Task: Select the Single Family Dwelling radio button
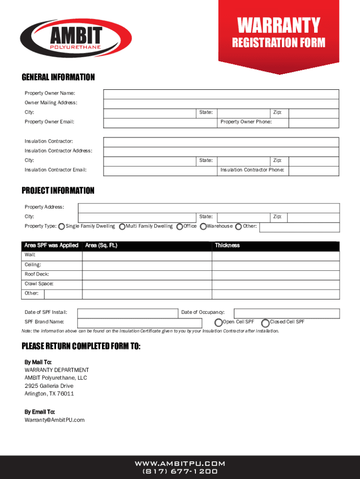pos(62,226)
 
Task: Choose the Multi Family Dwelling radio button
pos(122,226)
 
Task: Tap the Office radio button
pos(180,226)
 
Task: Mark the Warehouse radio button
pos(203,226)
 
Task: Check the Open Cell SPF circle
pos(218,322)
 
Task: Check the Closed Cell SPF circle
pos(266,322)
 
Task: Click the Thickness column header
pos(227,246)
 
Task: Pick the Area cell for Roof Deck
pos(147,275)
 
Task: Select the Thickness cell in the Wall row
pos(276,255)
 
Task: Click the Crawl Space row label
pos(39,284)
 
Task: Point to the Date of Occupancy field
pos(286,313)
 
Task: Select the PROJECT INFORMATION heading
pos(58,191)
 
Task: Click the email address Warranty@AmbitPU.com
pos(55,420)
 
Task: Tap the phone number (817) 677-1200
pos(180,472)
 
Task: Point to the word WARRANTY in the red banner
pos(279,25)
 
